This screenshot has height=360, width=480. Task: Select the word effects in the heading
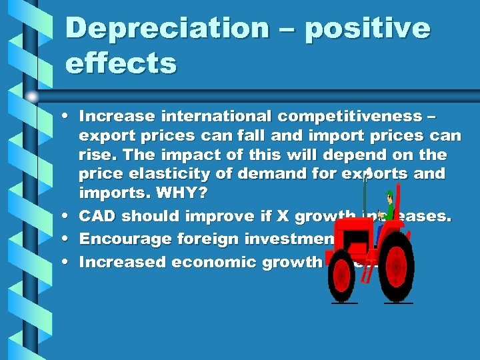tap(121, 65)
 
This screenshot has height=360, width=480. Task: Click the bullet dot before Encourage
tap(69, 239)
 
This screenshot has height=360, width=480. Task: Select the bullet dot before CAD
tap(69, 216)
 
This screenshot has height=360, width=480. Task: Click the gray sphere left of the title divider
tap(32, 97)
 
